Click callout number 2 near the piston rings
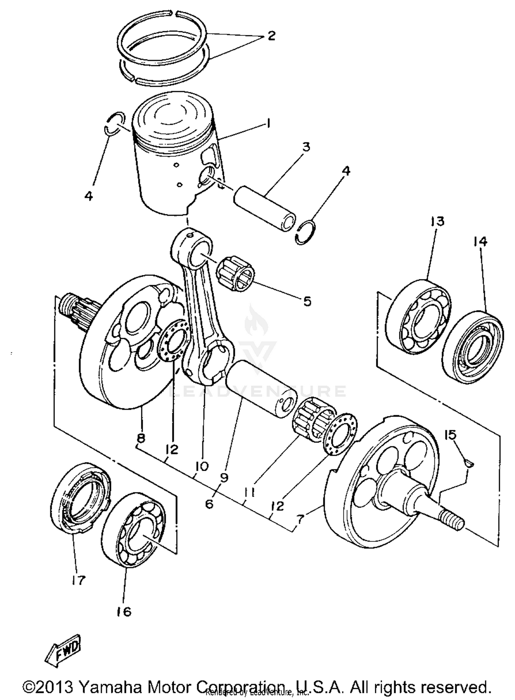pyautogui.click(x=271, y=36)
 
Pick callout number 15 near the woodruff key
pyautogui.click(x=450, y=435)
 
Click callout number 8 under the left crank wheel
pyautogui.click(x=141, y=438)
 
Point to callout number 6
pyautogui.click(x=209, y=504)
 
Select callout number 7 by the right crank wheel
pyautogui.click(x=300, y=519)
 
